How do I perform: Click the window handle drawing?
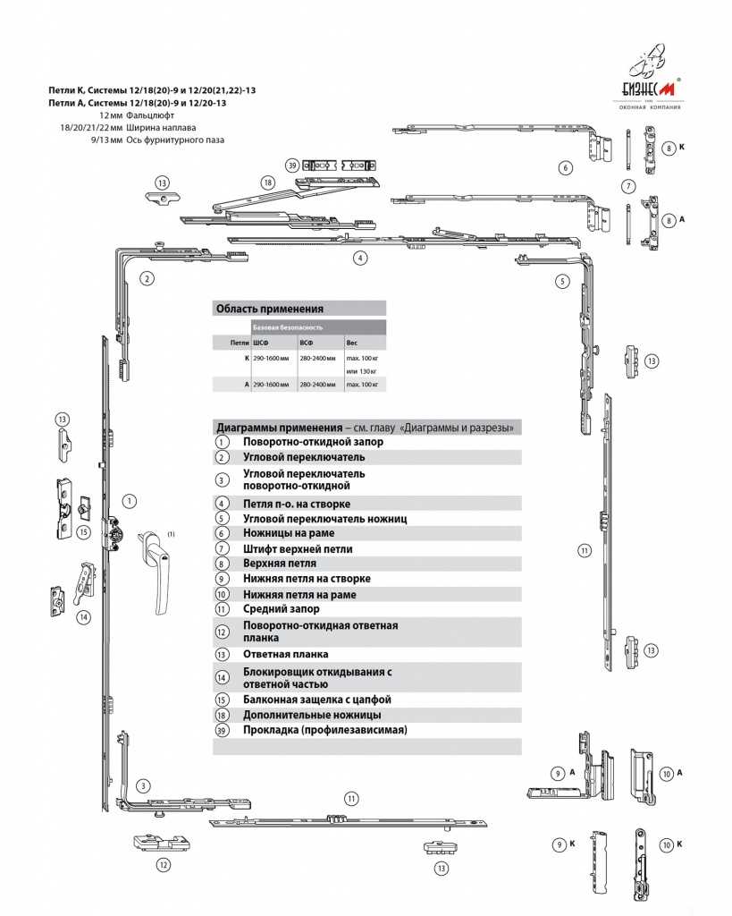coord(158,568)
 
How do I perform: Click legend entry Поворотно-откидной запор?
coord(313,442)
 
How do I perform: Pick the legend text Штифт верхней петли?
coord(298,548)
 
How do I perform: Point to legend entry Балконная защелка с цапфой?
coord(317,700)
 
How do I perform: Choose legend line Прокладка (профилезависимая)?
coord(324,730)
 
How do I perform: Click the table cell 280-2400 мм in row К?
coord(318,358)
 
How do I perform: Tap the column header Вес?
coord(351,342)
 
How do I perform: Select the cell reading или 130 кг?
coord(362,370)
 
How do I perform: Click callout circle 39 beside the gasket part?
coord(291,165)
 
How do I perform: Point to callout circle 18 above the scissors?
coord(267,182)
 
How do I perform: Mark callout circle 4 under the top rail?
coord(360,258)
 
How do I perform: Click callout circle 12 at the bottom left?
coord(163,865)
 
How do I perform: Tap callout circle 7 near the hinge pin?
coord(628,187)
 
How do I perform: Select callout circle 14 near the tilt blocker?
coord(83,617)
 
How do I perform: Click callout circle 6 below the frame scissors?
coord(565,167)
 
